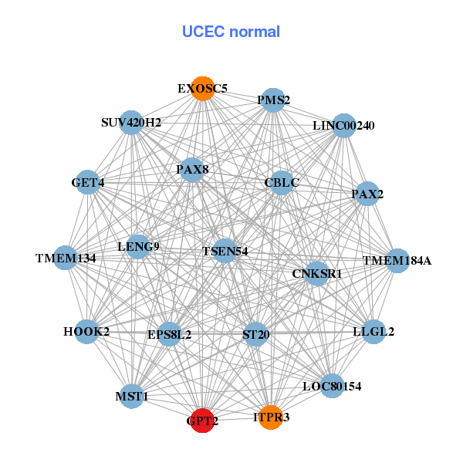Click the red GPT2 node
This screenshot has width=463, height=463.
point(202,421)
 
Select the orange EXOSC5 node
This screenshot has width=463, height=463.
point(202,89)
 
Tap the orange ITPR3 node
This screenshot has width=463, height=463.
point(271,417)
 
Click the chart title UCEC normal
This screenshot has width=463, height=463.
point(231,32)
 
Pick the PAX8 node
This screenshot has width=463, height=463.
point(192,170)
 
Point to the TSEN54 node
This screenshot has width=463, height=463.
point(225,251)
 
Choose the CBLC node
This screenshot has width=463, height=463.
point(282,183)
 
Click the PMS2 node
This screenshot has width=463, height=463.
point(273,100)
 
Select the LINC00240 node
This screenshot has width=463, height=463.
point(343,126)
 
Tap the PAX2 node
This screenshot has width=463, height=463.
point(367,194)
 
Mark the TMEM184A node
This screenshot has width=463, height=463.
point(397,261)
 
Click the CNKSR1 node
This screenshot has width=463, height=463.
point(317,273)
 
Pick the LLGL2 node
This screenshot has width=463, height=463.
point(373,332)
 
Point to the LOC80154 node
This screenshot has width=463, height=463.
point(332,386)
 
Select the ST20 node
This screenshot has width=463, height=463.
point(256,335)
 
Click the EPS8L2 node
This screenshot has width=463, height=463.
point(170,335)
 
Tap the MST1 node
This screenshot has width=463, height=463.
point(132,397)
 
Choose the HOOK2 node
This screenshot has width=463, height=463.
point(86,332)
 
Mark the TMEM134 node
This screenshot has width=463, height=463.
point(66,258)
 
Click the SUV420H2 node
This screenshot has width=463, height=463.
point(131,123)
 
